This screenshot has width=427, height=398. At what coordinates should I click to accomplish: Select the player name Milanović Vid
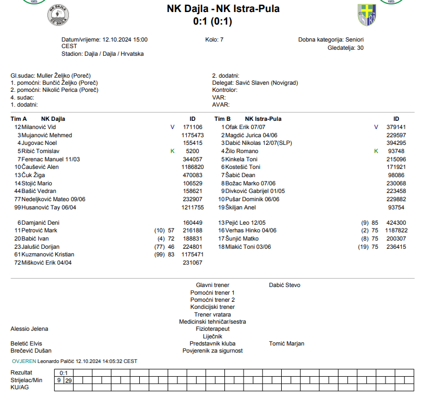point(39,127)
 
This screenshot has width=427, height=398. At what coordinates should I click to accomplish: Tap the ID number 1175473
point(192,135)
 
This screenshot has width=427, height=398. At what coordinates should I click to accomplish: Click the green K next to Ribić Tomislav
point(173,151)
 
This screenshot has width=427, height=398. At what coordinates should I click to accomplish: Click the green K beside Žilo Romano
point(376,151)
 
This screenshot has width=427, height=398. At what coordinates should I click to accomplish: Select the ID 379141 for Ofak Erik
point(396,127)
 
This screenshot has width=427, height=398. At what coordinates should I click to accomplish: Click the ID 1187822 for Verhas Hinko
point(396,231)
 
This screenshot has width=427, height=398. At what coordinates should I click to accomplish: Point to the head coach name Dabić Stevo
point(284,285)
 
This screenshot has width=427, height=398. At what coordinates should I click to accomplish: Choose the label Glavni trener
point(212,285)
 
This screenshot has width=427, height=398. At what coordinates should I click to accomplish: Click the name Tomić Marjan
point(287,344)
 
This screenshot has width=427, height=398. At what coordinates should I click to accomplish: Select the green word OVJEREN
point(24,361)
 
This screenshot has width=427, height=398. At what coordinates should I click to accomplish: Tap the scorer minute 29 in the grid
point(68,380)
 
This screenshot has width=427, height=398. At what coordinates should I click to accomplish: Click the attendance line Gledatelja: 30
point(345,48)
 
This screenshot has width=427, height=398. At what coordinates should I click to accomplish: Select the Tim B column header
point(222,119)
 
